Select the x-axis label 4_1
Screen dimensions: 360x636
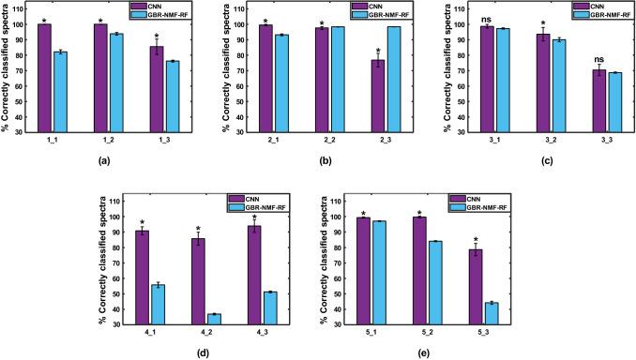click(x=150, y=334)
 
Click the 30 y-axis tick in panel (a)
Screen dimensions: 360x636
click(x=23, y=131)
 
